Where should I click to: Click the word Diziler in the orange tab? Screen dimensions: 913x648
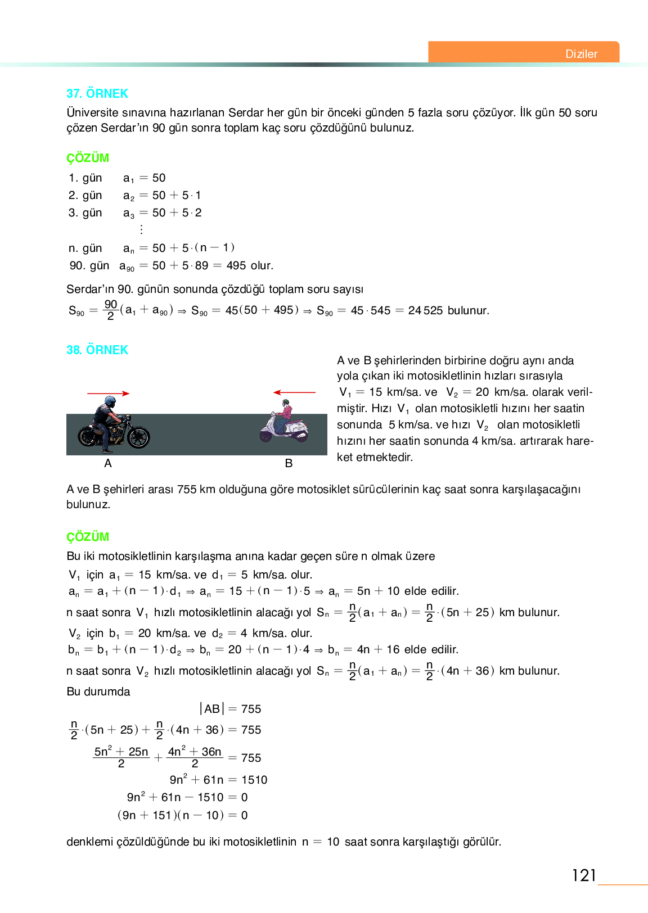581,54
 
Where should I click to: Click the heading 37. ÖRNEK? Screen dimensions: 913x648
97,93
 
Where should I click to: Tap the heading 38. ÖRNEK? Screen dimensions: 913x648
97,350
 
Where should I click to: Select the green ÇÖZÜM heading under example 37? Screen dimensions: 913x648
88,158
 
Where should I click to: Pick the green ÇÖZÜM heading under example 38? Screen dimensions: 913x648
88,537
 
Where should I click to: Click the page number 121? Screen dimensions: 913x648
583,875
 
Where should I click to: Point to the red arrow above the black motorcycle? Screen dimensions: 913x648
108,394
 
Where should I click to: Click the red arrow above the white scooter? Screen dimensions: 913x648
294,392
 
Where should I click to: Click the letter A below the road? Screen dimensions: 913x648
108,463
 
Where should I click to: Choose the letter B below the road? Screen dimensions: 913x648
289,463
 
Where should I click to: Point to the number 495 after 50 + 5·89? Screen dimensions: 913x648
236,265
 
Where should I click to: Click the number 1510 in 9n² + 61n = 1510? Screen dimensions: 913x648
254,780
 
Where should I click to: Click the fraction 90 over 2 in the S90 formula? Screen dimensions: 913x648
111,310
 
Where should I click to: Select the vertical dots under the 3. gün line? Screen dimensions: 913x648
141,229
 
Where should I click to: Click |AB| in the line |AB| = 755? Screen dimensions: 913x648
211,709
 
